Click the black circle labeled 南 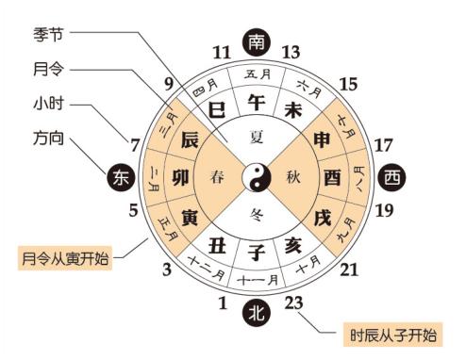256,41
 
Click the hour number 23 293,303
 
